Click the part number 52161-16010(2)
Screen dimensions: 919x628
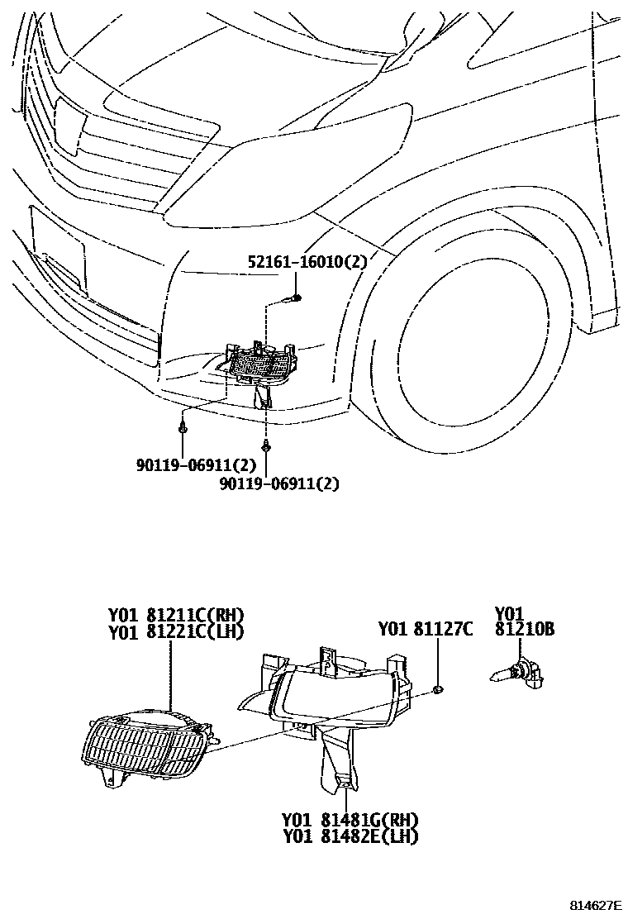pos(307,262)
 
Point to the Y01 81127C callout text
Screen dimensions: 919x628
pos(425,630)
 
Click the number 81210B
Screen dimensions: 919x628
pos(524,631)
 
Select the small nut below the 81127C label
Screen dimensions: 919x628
pos(438,688)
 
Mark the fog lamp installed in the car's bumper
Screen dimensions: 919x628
pos(263,364)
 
